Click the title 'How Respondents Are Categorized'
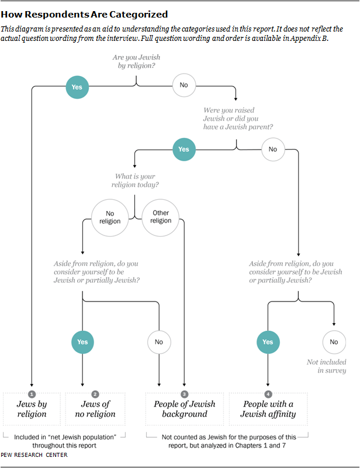click(84, 14)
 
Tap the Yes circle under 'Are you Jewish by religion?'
click(77, 87)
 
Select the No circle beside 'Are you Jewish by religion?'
click(184, 86)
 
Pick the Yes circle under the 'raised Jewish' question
click(184, 149)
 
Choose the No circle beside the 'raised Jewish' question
click(273, 150)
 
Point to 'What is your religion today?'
click(136, 181)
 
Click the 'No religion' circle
click(110, 217)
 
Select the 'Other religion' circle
click(161, 217)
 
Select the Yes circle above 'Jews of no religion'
click(83, 342)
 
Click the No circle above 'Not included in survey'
click(334, 342)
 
